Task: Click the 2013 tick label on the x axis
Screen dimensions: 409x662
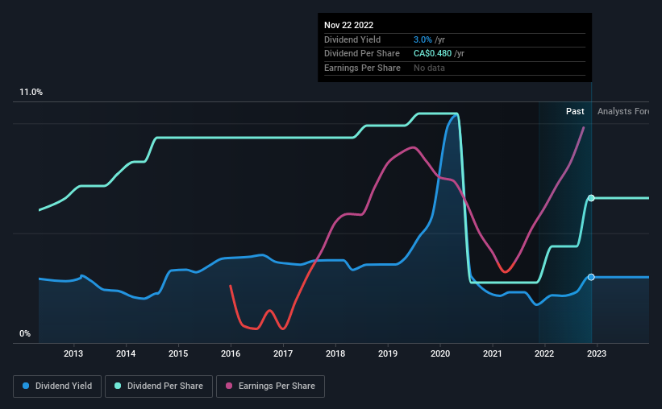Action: pos(73,353)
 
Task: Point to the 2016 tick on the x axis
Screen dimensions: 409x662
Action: pos(231,353)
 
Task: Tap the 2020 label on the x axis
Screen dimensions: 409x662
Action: pos(440,353)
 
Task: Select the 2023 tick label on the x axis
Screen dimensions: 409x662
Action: pos(597,353)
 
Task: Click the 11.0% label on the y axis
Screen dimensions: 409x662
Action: pos(31,93)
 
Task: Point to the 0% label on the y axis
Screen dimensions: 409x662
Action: pos(25,333)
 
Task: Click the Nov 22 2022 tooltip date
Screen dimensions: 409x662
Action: pos(349,25)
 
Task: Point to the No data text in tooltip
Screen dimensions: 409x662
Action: pos(428,68)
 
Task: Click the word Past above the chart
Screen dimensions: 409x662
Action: pos(575,111)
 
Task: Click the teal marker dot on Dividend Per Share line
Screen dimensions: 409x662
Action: pos(591,198)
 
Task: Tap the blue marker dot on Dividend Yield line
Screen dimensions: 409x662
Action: pos(591,277)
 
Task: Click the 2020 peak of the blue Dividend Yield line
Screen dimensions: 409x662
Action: pos(456,114)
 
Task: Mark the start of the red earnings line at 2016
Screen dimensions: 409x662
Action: pos(231,286)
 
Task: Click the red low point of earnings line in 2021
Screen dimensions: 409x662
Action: pos(506,272)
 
